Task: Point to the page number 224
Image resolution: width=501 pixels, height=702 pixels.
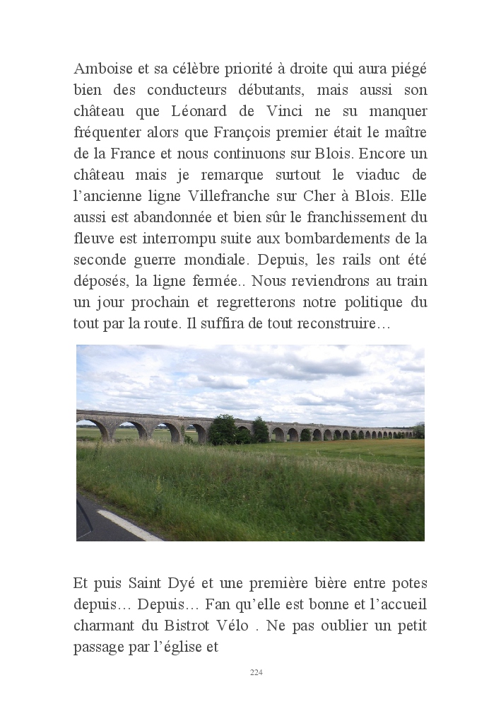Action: pyautogui.click(x=256, y=672)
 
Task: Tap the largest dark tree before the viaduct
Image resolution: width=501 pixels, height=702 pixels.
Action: pyautogui.click(x=223, y=430)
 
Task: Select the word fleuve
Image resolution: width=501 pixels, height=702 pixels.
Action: pyautogui.click(x=93, y=239)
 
